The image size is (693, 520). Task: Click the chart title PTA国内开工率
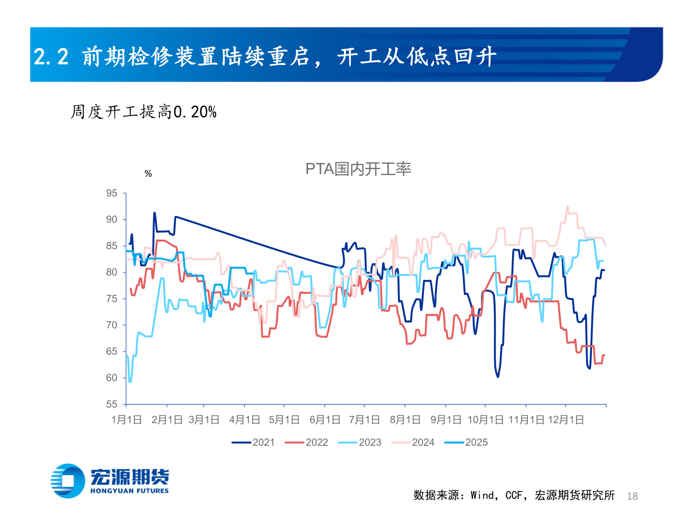[x=358, y=169]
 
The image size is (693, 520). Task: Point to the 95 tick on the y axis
[x=112, y=193]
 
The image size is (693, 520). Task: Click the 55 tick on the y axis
[x=112, y=404]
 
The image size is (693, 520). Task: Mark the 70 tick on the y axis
[x=112, y=325]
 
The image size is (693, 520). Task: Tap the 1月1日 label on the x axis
[x=127, y=420]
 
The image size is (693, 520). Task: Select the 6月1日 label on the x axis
[x=325, y=420]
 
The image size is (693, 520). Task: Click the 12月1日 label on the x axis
[x=566, y=420]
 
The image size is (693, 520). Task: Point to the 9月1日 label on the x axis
[x=446, y=420]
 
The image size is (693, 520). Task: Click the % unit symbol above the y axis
[x=148, y=174]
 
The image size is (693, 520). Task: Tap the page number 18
[x=632, y=496]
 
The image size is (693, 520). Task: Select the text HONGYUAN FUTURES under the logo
[x=129, y=491]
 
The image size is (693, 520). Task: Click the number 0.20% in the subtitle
[x=195, y=112]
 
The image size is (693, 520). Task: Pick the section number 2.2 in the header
[x=51, y=57]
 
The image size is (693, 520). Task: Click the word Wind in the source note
[x=483, y=495]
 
